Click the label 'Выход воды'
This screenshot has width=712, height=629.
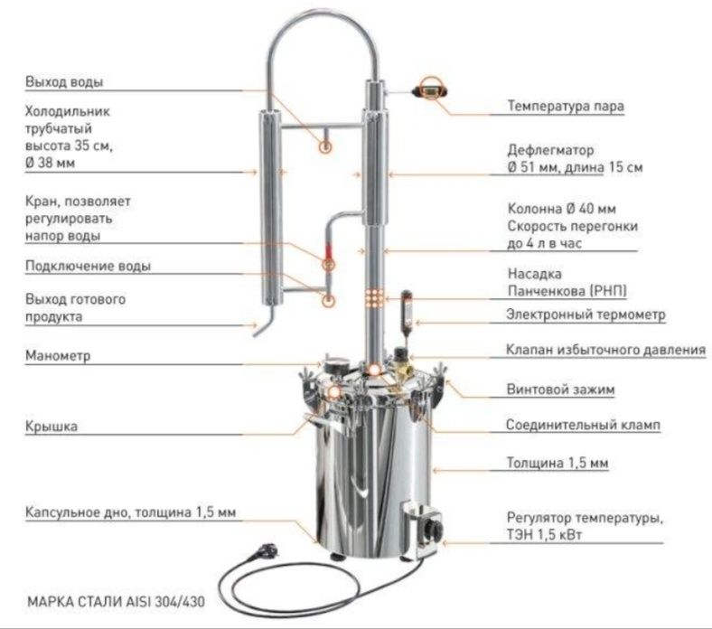[64, 81]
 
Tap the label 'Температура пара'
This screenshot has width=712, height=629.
[566, 106]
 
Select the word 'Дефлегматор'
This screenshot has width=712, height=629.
[550, 150]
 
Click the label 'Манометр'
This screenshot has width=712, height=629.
[58, 355]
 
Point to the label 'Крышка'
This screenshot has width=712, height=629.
[51, 426]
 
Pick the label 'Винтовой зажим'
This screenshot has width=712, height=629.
[560, 390]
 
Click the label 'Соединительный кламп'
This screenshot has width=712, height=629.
[583, 425]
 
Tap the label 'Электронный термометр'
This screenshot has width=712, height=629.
[586, 314]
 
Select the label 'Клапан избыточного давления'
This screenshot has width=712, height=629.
[605, 350]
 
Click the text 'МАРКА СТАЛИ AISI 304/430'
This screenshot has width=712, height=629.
[117, 601]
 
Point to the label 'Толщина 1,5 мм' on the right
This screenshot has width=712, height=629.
[557, 463]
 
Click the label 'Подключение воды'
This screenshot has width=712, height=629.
[88, 266]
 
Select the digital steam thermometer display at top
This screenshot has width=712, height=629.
[429, 91]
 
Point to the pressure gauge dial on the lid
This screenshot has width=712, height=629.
[335, 365]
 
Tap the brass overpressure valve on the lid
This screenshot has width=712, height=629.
[400, 362]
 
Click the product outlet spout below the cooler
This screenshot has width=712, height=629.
[264, 322]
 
